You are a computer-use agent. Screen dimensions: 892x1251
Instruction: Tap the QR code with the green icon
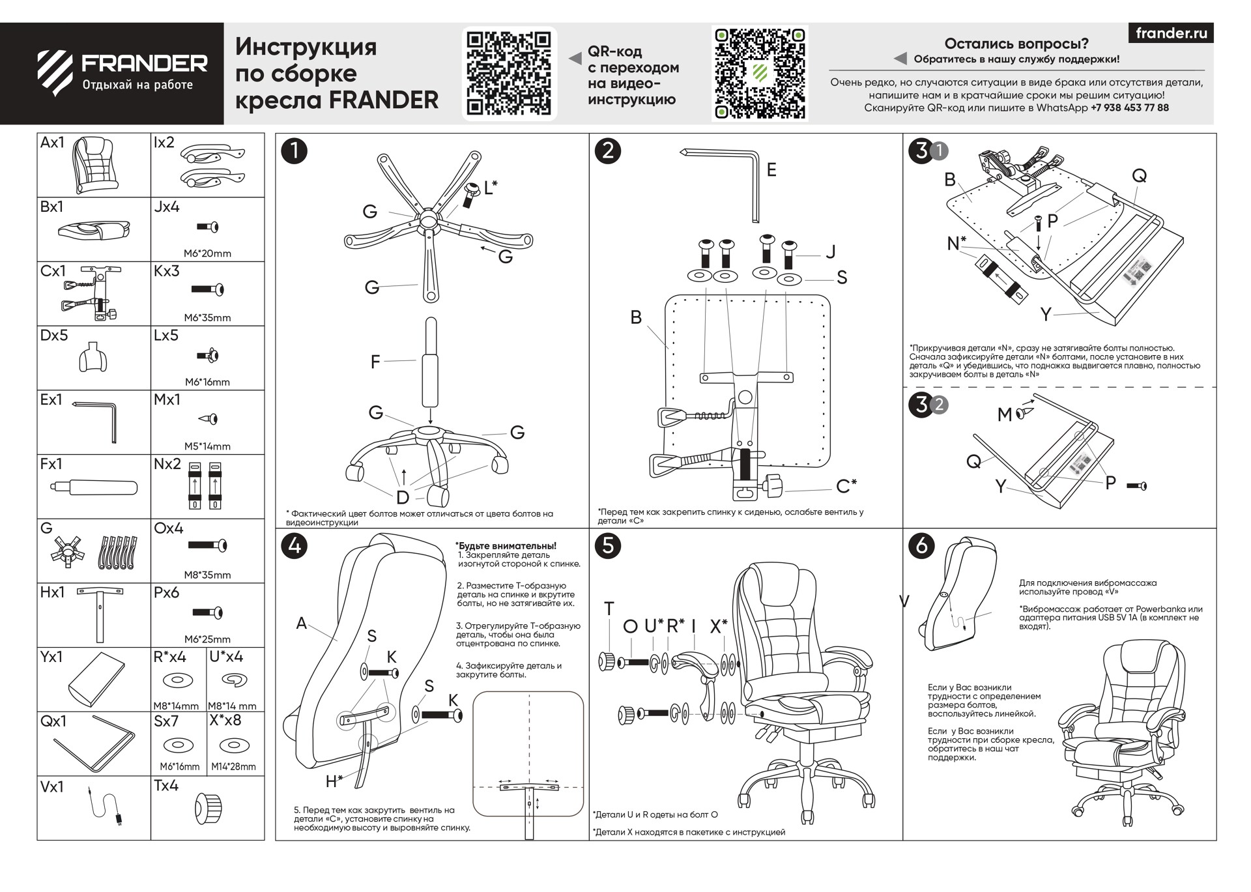pos(759,74)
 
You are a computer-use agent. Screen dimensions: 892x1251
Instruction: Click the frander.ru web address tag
pos(1171,33)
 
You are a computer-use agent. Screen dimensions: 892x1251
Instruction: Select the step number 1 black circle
pos(294,151)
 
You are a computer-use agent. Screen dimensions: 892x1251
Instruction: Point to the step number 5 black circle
pos(608,545)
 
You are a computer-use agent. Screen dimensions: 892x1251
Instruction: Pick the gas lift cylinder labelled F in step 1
pos(431,365)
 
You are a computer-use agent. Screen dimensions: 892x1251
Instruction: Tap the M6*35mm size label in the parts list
pos(207,318)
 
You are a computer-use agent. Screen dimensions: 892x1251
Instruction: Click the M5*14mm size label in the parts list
pos(207,446)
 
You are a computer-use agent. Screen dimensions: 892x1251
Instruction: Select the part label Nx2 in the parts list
pos(167,464)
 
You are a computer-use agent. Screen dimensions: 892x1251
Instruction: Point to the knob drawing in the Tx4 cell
pos(208,809)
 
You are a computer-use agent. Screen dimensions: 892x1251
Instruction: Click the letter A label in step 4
pos(301,624)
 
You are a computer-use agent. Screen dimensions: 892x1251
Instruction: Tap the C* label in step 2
pos(846,486)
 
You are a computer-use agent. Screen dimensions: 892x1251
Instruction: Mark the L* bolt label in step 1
pos(491,188)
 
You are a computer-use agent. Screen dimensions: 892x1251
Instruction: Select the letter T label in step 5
pos(609,609)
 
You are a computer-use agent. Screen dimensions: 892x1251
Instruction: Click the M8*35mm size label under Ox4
pos(207,575)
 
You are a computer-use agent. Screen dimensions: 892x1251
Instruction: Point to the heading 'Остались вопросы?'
pos(1016,44)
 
